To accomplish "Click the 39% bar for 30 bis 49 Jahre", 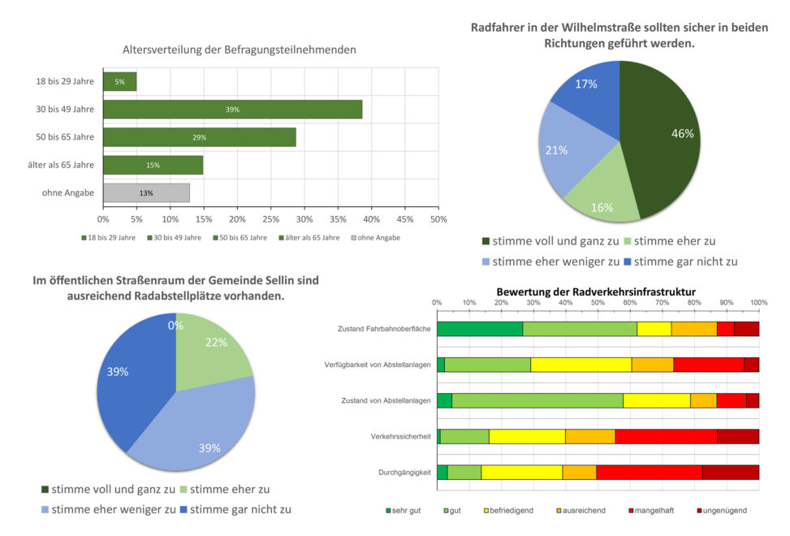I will click(x=232, y=109).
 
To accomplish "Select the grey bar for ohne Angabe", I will click(x=146, y=192).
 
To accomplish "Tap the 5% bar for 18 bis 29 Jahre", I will click(x=119, y=81).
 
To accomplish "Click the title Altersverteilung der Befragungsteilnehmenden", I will click(x=239, y=50).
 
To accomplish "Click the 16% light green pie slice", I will click(x=601, y=201).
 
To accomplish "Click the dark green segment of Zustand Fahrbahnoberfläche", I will click(x=479, y=329).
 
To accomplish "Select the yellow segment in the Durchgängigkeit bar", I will click(x=521, y=472).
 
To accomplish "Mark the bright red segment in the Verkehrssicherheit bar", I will click(x=666, y=436).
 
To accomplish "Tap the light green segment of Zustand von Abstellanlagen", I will click(x=536, y=400).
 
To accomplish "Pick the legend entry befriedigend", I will click(x=512, y=510).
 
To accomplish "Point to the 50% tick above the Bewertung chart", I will click(x=598, y=302).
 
